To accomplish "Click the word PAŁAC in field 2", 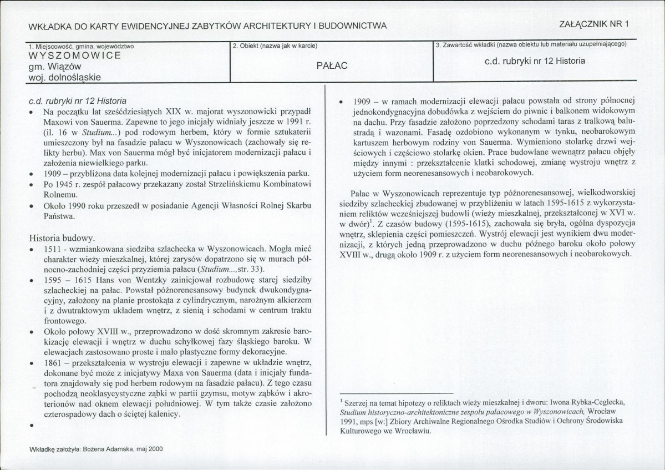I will (332, 65).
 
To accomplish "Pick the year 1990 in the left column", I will (73, 206).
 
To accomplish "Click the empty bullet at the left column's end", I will (33, 426).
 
